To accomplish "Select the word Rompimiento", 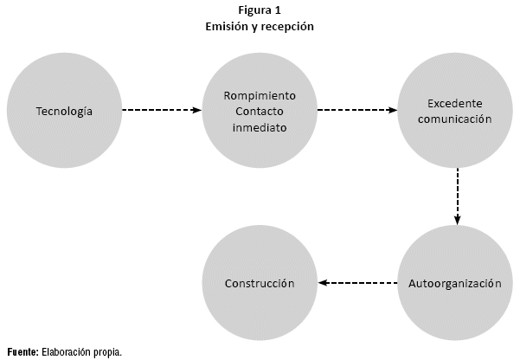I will click(260, 94).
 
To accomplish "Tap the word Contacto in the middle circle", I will click(260, 111).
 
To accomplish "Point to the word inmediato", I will click(260, 127).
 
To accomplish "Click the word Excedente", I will click(455, 102).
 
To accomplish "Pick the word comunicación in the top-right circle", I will click(455, 119).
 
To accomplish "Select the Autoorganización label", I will click(455, 283).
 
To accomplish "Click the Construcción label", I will click(260, 283).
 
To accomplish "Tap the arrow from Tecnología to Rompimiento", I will click(162, 111).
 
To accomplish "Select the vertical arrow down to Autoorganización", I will click(456, 196).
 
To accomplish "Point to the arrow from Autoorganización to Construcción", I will click(357, 283).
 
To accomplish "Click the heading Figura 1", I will click(260, 10).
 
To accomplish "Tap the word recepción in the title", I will click(289, 27).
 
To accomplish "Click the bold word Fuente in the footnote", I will click(22, 351).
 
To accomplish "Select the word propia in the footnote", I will click(107, 351).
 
